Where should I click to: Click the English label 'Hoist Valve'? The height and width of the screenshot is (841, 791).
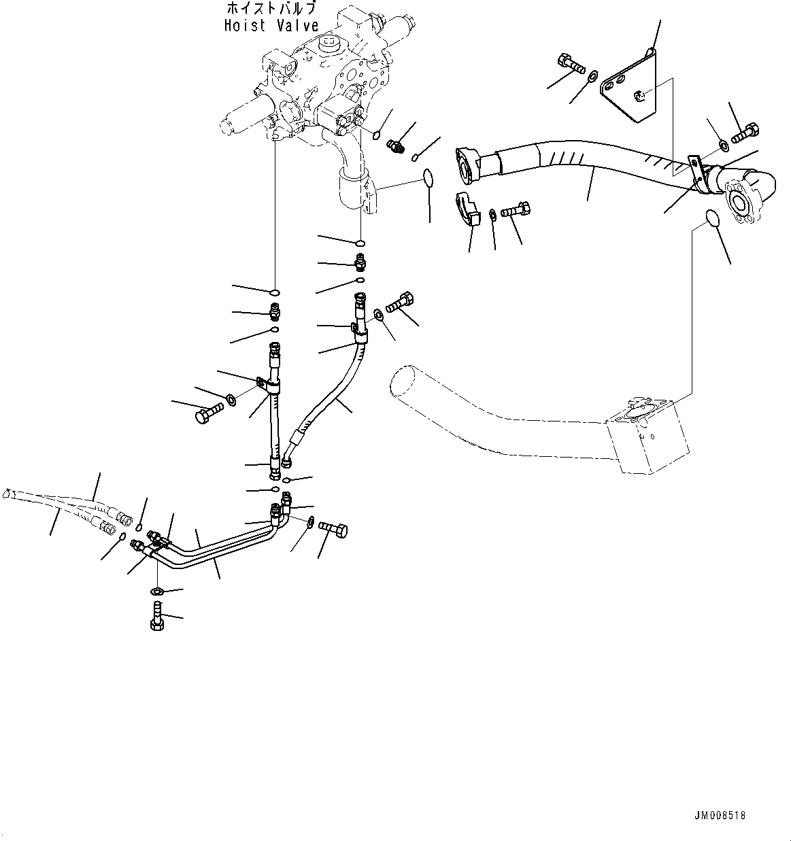click(x=271, y=26)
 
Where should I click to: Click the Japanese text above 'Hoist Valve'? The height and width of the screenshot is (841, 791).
click(x=272, y=9)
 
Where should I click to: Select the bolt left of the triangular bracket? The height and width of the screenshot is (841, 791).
click(x=570, y=63)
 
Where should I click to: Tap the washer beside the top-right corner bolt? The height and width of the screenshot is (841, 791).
click(x=724, y=145)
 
